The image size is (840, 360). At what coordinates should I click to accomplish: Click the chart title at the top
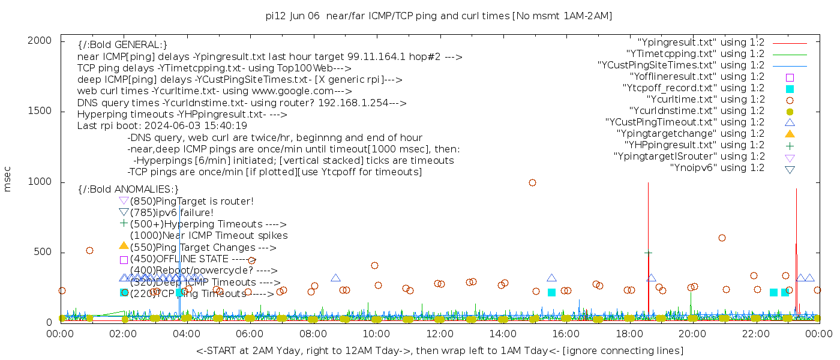tap(439, 16)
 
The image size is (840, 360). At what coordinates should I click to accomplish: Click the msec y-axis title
tap(8, 178)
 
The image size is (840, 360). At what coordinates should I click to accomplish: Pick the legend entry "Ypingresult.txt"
tap(700, 43)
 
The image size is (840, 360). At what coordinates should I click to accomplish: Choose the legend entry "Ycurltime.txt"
tap(705, 100)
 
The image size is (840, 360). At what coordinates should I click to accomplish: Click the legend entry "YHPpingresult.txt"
tap(694, 145)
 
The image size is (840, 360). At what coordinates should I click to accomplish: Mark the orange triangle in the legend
tap(790, 134)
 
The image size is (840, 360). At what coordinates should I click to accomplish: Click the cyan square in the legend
tap(790, 88)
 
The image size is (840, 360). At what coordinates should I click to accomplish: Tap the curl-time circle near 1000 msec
tap(532, 182)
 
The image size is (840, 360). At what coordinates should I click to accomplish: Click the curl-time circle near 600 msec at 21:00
tap(722, 238)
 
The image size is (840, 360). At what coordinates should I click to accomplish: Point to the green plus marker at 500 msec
tap(648, 253)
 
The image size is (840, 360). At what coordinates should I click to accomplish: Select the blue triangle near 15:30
tap(551, 278)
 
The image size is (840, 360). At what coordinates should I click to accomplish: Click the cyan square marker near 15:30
tap(551, 292)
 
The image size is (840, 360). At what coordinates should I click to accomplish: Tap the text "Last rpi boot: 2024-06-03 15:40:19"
tap(162, 126)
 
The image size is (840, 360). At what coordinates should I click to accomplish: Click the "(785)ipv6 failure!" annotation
tap(172, 213)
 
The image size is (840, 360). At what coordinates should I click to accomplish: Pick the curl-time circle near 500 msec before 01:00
tap(89, 250)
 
